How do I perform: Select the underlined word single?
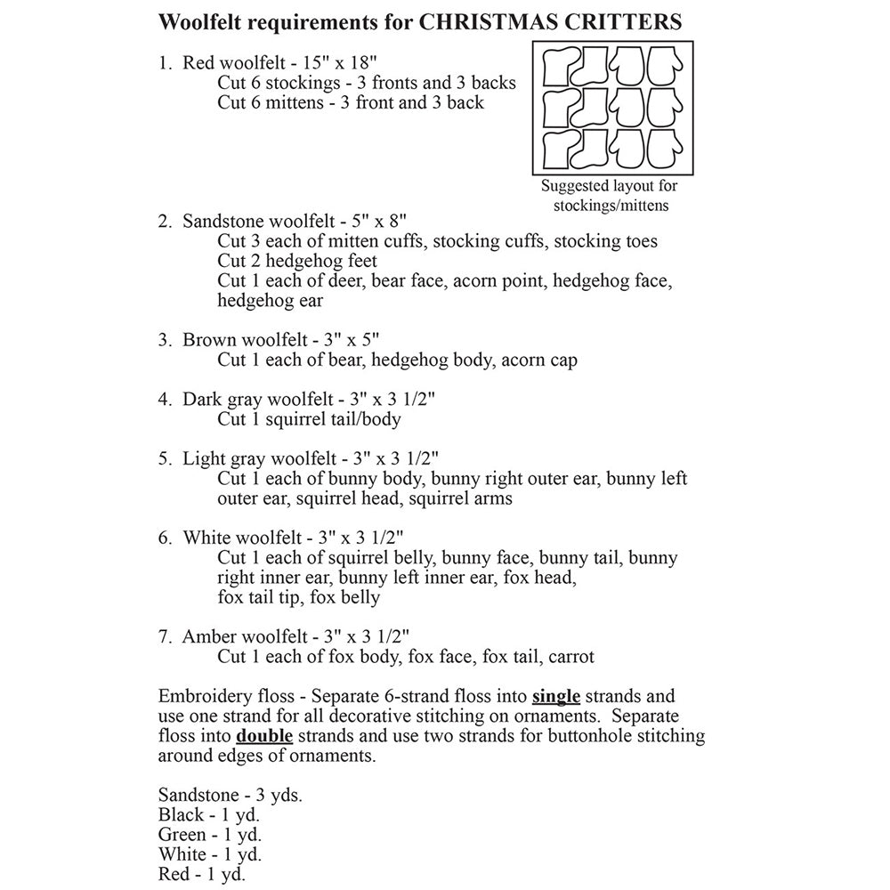(557, 696)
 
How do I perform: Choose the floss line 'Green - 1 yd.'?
(209, 835)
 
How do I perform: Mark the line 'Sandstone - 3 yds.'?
(230, 795)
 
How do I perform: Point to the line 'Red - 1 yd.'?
(201, 874)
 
